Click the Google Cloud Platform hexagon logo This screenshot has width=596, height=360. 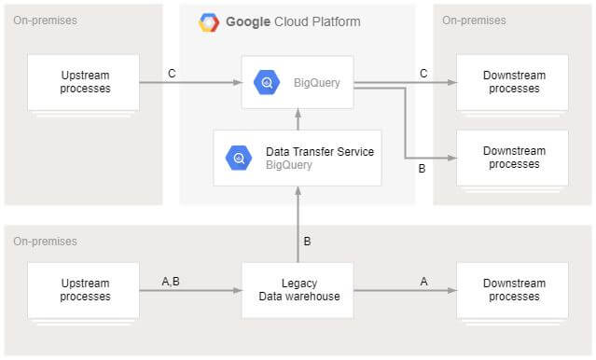(209, 22)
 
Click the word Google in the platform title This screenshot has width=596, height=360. (248, 21)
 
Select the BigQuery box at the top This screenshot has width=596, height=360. (298, 82)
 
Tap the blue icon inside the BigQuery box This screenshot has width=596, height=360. (267, 82)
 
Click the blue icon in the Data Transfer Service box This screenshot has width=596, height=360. (239, 158)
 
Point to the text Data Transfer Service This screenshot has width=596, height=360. (320, 151)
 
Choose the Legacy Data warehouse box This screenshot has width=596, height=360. (298, 290)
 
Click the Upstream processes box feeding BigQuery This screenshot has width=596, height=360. (84, 82)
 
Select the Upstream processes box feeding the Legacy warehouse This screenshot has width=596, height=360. (84, 290)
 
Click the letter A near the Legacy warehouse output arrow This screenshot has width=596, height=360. (425, 281)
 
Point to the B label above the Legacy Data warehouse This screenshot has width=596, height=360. (308, 242)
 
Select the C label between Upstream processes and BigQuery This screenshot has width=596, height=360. (172, 72)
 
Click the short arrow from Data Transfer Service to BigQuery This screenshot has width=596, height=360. (298, 119)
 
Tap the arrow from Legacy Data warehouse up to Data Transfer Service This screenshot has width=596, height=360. (298, 224)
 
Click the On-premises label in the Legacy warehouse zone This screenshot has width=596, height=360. (45, 242)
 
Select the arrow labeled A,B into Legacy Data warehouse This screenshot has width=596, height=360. (190, 291)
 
